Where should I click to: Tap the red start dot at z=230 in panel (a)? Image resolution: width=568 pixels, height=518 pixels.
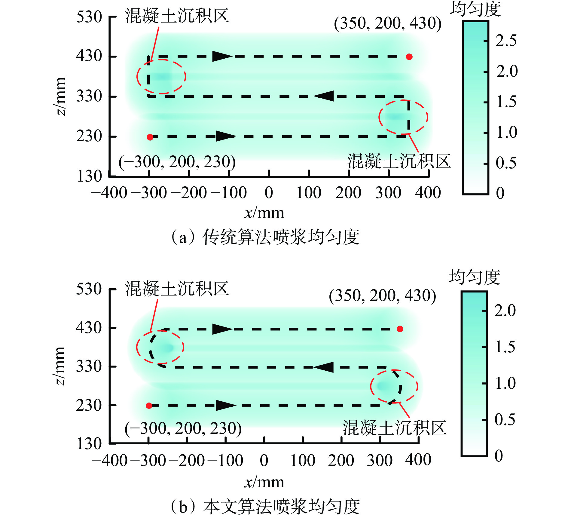click(150, 137)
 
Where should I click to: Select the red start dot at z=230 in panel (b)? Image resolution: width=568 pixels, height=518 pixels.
click(149, 406)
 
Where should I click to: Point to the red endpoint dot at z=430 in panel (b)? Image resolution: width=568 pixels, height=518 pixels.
click(400, 329)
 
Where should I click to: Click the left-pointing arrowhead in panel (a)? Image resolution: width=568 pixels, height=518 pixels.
click(324, 96)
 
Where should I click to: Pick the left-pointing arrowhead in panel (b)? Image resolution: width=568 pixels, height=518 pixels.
click(323, 367)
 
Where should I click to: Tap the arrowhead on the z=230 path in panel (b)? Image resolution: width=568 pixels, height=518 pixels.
click(225, 405)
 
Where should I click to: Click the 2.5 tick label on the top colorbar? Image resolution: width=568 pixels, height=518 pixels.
click(506, 41)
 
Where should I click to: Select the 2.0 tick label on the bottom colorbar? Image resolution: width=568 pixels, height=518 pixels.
click(505, 311)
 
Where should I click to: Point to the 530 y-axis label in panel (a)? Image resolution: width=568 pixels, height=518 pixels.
click(89, 17)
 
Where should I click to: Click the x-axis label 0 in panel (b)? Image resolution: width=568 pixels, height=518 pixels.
click(264, 461)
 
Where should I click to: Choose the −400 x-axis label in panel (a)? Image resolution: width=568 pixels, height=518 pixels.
click(109, 193)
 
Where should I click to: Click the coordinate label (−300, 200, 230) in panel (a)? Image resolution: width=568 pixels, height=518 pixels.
click(177, 162)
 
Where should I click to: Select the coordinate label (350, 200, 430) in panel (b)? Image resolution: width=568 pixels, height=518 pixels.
click(382, 296)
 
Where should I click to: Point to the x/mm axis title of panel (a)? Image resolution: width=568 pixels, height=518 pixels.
click(264, 213)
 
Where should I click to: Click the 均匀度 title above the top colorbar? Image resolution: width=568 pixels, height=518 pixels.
click(475, 9)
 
